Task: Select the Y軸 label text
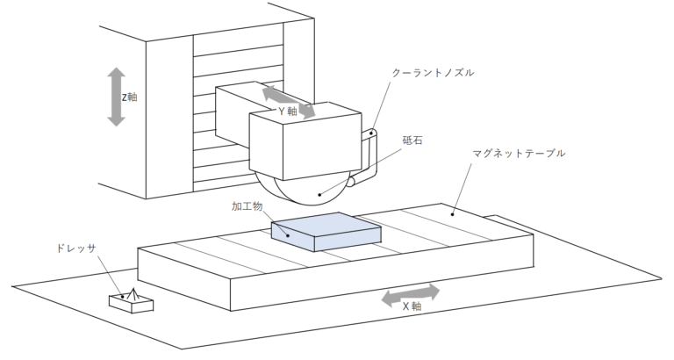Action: coord(290,112)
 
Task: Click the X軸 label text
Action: coord(412,306)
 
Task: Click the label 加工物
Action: coord(247,206)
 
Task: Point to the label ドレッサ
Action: coord(73,248)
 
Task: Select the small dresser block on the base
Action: coord(131,301)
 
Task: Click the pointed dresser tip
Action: coord(133,290)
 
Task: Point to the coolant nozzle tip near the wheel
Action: coord(352,183)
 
